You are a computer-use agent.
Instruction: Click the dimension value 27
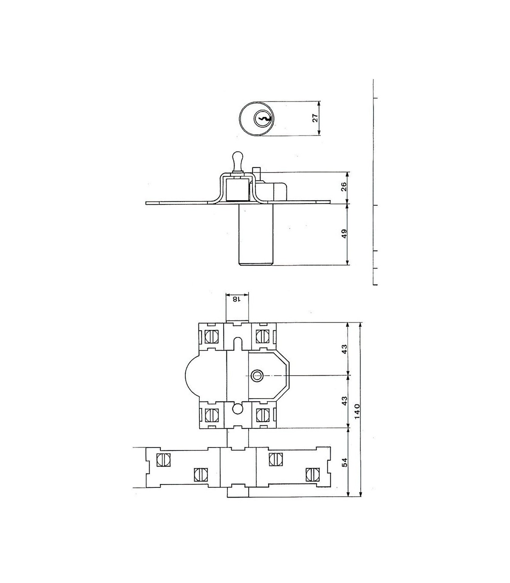tap(315, 118)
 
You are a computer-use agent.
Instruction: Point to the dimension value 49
tap(344, 234)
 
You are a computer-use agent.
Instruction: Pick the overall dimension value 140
tap(358, 411)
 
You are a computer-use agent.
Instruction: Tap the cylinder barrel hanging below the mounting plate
tap(255, 235)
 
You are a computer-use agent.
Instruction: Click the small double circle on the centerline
tap(257, 376)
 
